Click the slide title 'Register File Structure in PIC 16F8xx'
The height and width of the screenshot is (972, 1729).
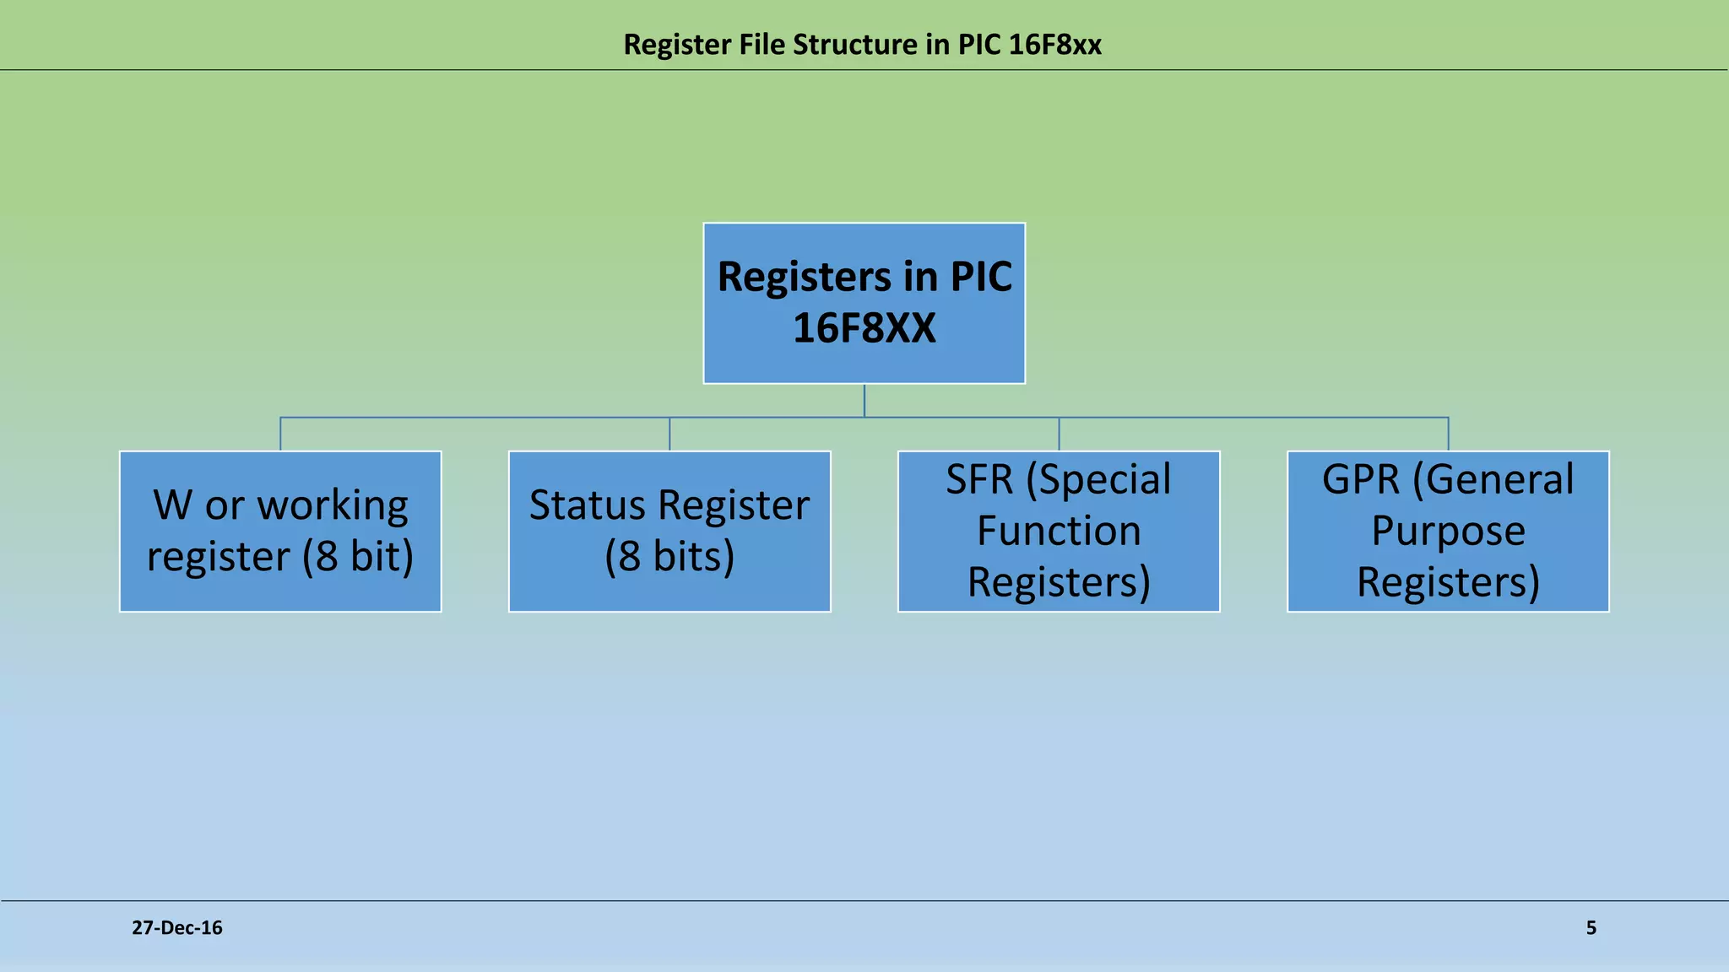coord(862,44)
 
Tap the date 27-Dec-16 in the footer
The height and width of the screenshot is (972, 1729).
coord(177,927)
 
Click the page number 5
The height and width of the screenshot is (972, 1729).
coord(1591,927)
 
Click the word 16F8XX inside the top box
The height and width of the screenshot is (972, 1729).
coord(864,328)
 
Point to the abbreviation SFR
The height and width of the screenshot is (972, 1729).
coord(978,479)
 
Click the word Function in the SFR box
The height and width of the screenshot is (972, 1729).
coord(1058,531)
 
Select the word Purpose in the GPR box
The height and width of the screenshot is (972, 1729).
coord(1447,531)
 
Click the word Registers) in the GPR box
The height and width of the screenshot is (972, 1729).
coord(1447,582)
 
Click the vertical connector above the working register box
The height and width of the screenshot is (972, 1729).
coord(280,435)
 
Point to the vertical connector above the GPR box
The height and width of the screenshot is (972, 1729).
coord(1448,435)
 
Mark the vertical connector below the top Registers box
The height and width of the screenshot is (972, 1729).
coord(864,400)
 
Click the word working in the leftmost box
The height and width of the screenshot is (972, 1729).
coord(333,505)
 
